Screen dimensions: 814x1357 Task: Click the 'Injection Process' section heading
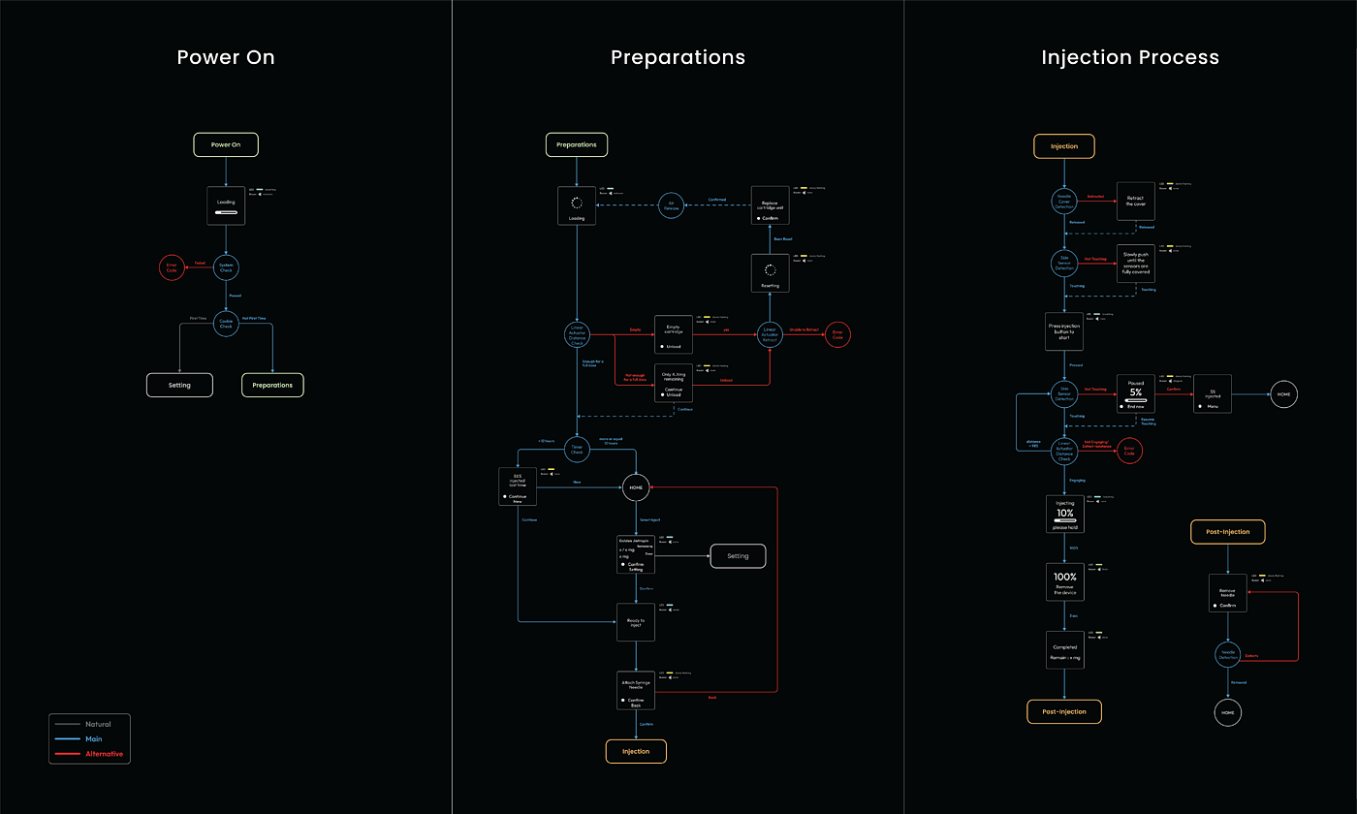coord(1130,57)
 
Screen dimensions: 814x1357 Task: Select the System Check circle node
coord(226,268)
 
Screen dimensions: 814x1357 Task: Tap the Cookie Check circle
coord(226,325)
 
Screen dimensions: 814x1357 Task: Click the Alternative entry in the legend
coord(104,753)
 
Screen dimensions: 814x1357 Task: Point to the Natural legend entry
coord(97,724)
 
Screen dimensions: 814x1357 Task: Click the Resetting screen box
coord(771,273)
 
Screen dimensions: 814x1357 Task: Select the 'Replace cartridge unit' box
coord(772,205)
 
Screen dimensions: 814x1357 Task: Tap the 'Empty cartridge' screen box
coord(673,334)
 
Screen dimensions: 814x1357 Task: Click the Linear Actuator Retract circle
coord(771,334)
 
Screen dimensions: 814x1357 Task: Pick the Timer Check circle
coord(577,449)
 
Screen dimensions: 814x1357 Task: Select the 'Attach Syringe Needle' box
coord(636,690)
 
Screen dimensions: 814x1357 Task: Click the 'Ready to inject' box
coord(636,622)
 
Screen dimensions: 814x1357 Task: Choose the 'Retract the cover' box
coord(1136,201)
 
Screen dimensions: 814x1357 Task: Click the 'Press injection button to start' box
coord(1064,330)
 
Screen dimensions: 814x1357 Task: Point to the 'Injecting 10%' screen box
coord(1064,514)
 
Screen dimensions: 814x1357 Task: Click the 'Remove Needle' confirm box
coord(1228,593)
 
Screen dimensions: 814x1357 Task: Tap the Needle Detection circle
coord(1228,655)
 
